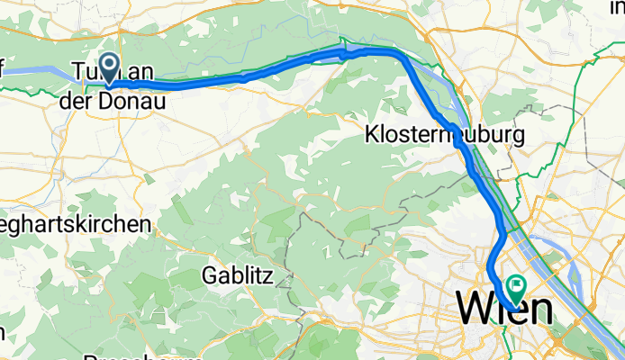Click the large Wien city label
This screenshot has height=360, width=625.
505,309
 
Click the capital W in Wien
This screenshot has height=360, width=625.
476,309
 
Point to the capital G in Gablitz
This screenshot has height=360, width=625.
211,273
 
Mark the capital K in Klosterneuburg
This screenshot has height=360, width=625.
372,136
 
